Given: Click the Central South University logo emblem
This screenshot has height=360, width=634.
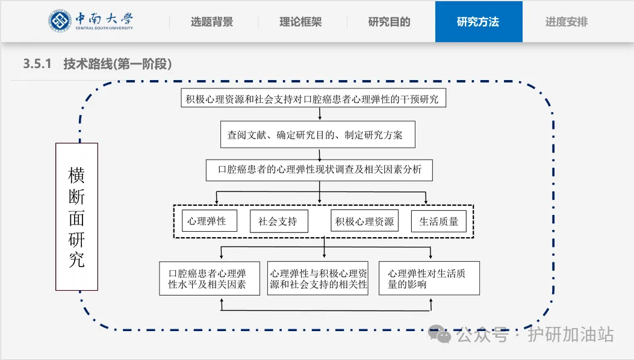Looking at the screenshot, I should [x=60, y=21].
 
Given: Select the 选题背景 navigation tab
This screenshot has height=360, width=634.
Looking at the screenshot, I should [x=212, y=22].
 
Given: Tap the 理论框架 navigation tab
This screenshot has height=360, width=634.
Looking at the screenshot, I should [x=300, y=22].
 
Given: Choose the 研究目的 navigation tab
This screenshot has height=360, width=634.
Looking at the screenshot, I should [x=389, y=22].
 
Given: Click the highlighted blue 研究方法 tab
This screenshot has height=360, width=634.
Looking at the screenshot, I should [x=478, y=22].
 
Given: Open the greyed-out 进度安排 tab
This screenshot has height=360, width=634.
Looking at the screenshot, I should [x=567, y=22].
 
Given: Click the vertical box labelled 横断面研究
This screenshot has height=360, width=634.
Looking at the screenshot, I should [x=76, y=217].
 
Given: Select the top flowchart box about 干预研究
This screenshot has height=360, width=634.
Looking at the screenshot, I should [x=313, y=99].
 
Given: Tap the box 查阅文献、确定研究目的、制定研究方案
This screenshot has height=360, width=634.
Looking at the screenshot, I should [x=319, y=135].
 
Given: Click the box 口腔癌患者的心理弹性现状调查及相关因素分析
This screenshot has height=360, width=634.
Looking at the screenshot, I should [x=320, y=170].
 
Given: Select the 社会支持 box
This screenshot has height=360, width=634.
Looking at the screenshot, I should [x=278, y=221].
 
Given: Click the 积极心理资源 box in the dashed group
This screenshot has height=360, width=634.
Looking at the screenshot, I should [x=365, y=221].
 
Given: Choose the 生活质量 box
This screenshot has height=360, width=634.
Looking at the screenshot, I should [x=439, y=221].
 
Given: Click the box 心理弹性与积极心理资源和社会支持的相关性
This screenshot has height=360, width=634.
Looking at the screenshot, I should [x=319, y=279].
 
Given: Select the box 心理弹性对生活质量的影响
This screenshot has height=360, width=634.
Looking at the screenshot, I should [x=429, y=279].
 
